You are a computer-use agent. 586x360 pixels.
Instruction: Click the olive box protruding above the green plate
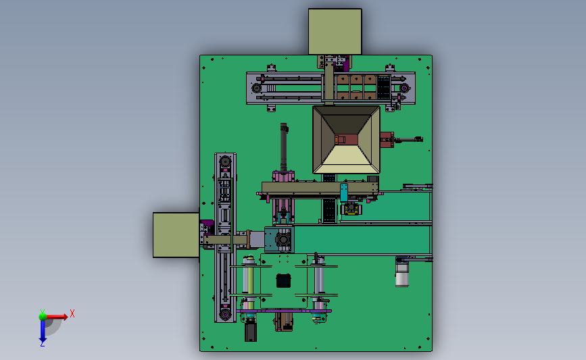coord(335,32)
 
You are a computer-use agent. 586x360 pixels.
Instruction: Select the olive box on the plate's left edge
coord(176,235)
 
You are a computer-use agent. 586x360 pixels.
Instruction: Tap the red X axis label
coord(72,313)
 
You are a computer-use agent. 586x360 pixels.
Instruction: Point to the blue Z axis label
coord(42,343)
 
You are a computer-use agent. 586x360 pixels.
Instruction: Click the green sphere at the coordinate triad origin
coord(43,317)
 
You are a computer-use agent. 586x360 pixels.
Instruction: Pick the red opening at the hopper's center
coord(347,140)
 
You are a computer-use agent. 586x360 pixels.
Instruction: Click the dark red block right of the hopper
coord(387,140)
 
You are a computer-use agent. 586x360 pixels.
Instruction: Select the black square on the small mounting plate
coord(283,280)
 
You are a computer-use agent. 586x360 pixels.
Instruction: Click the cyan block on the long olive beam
coord(344,192)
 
